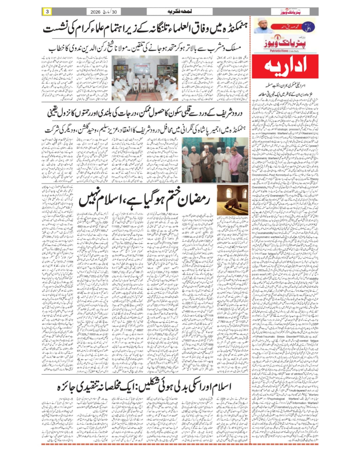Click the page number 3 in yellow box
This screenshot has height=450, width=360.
point(47,12)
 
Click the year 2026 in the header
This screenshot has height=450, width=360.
point(96,12)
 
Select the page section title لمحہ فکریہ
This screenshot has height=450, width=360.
point(179,12)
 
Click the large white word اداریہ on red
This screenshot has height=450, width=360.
point(285,66)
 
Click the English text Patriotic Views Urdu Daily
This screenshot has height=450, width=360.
point(285,51)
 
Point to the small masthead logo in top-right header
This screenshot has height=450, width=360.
point(291,12)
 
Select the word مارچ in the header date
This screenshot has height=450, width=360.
point(107,12)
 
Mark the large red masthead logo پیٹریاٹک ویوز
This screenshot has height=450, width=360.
point(285,42)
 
